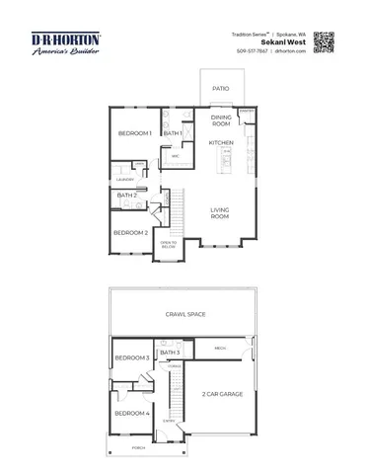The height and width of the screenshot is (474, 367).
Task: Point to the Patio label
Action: pos(221,89)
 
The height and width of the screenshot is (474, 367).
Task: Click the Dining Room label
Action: pos(221,121)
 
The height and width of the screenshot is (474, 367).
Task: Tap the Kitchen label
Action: pos(221,143)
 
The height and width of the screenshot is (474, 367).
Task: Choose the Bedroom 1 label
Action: pos(134,133)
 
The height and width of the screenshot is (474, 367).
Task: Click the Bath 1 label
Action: pos(172,133)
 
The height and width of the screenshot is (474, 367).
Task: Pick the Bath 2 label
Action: pos(126,196)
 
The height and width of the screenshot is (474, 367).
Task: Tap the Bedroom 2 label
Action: pos(130,233)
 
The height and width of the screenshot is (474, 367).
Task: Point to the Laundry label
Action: pos(125,180)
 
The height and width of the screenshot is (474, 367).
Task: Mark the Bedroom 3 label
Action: pos(131,357)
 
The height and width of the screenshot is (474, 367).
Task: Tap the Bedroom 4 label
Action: pos(131,413)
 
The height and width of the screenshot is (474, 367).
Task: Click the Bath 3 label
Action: pos(170,352)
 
